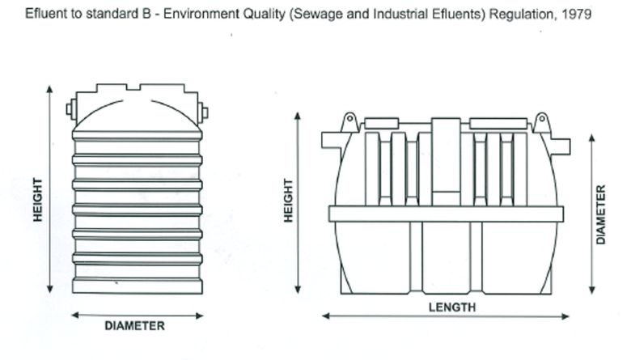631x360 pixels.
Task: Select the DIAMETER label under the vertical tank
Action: click(135, 326)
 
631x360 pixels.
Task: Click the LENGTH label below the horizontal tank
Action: click(451, 307)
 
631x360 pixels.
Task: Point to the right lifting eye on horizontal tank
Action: click(541, 123)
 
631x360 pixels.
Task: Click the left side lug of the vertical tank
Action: click(70, 108)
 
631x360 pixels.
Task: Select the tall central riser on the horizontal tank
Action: click(446, 162)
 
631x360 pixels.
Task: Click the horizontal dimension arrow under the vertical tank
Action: click(135, 315)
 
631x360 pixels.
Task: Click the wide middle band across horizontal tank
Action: click(446, 214)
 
